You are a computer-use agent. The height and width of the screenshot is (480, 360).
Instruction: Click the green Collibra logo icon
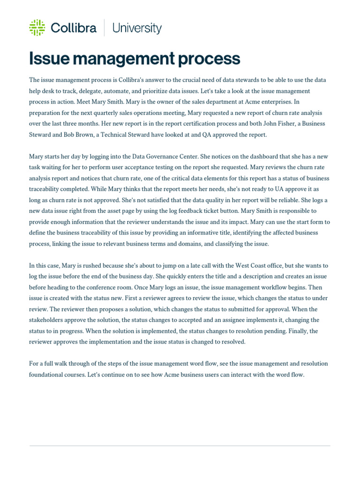click(x=37, y=28)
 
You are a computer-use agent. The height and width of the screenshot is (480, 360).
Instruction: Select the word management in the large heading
click(x=121, y=59)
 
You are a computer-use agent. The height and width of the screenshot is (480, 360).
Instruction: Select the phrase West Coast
click(x=255, y=265)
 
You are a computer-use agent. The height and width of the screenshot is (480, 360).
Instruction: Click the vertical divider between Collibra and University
click(x=104, y=28)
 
